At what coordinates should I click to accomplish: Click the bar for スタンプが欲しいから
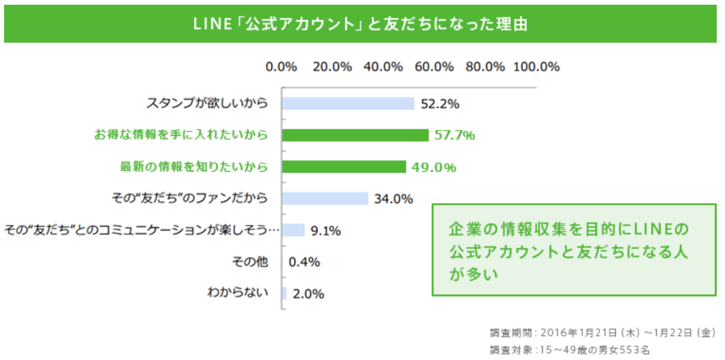(348, 104)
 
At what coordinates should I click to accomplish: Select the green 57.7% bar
(355, 135)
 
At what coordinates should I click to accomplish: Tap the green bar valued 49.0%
(344, 167)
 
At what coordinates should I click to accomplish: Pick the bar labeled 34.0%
(325, 198)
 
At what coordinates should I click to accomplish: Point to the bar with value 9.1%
(293, 230)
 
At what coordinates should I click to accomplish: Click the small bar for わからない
(284, 293)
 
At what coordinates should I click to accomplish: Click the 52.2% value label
(440, 104)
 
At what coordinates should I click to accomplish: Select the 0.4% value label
(304, 262)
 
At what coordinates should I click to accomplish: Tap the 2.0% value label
(309, 294)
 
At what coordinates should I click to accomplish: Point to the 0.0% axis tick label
(281, 67)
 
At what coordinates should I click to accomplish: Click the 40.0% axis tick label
(383, 67)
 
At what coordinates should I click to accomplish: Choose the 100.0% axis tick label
(536, 67)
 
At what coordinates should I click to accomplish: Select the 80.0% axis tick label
(485, 67)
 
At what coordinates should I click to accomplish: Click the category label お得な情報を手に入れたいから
(181, 135)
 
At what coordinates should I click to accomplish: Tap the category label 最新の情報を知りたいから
(193, 167)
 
